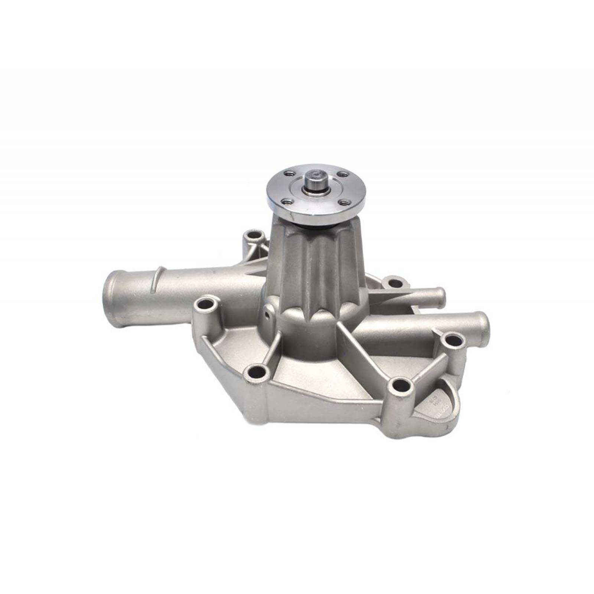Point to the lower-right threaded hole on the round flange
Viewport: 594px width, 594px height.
pyautogui.click(x=345, y=203)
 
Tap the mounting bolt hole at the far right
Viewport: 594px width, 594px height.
pyautogui.click(x=451, y=339)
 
